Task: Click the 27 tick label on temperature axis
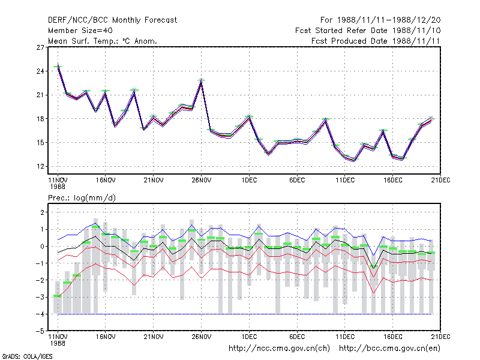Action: coord(40,47)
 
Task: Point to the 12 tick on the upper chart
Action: coord(40,167)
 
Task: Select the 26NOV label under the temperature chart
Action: coord(202,180)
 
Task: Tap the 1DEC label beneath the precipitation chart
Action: coord(249,337)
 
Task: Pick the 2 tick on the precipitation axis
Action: coord(42,212)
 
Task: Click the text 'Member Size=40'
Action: coord(80,31)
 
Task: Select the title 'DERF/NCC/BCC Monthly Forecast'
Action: coord(112,20)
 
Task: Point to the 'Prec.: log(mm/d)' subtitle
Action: coord(82,198)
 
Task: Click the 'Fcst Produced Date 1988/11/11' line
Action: coord(376,41)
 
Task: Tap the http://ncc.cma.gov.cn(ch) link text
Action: coord(279,349)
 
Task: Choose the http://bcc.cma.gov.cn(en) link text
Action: coord(389,349)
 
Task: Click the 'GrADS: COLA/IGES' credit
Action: coord(27,356)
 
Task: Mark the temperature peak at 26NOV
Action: coord(201,81)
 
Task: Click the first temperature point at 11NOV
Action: coord(58,65)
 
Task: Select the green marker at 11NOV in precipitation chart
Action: coord(58,296)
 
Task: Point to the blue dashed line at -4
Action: coord(245,314)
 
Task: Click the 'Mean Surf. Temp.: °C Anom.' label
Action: coord(103,41)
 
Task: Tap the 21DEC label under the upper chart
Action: coord(440,180)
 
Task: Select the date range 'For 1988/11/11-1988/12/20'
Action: coord(380,20)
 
